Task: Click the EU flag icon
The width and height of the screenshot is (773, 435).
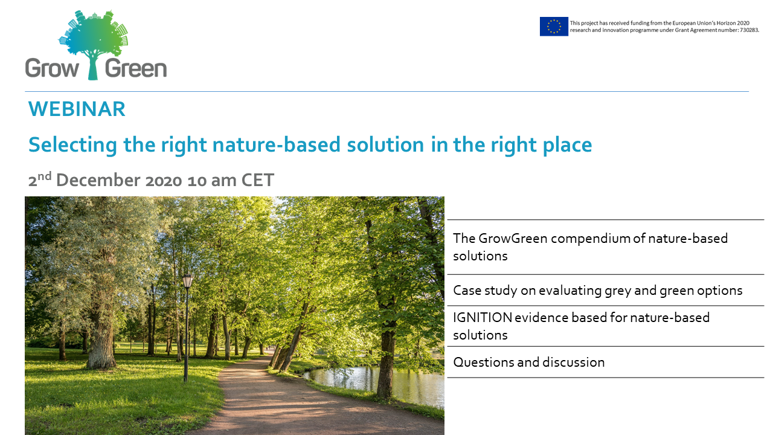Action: click(554, 27)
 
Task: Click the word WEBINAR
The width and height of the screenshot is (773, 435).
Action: click(77, 109)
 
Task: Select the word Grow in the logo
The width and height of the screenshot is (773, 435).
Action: click(52, 68)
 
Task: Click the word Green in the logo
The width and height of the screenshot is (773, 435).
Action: click(136, 68)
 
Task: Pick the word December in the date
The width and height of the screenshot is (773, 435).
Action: click(98, 180)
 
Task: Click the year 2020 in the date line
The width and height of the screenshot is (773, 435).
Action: click(164, 181)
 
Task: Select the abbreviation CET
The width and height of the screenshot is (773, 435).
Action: click(257, 180)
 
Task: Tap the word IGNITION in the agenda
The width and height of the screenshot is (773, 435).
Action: click(483, 318)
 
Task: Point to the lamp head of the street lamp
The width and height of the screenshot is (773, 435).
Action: click(187, 281)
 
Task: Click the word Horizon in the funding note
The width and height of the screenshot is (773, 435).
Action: click(726, 23)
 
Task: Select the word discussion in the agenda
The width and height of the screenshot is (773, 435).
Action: click(574, 362)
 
